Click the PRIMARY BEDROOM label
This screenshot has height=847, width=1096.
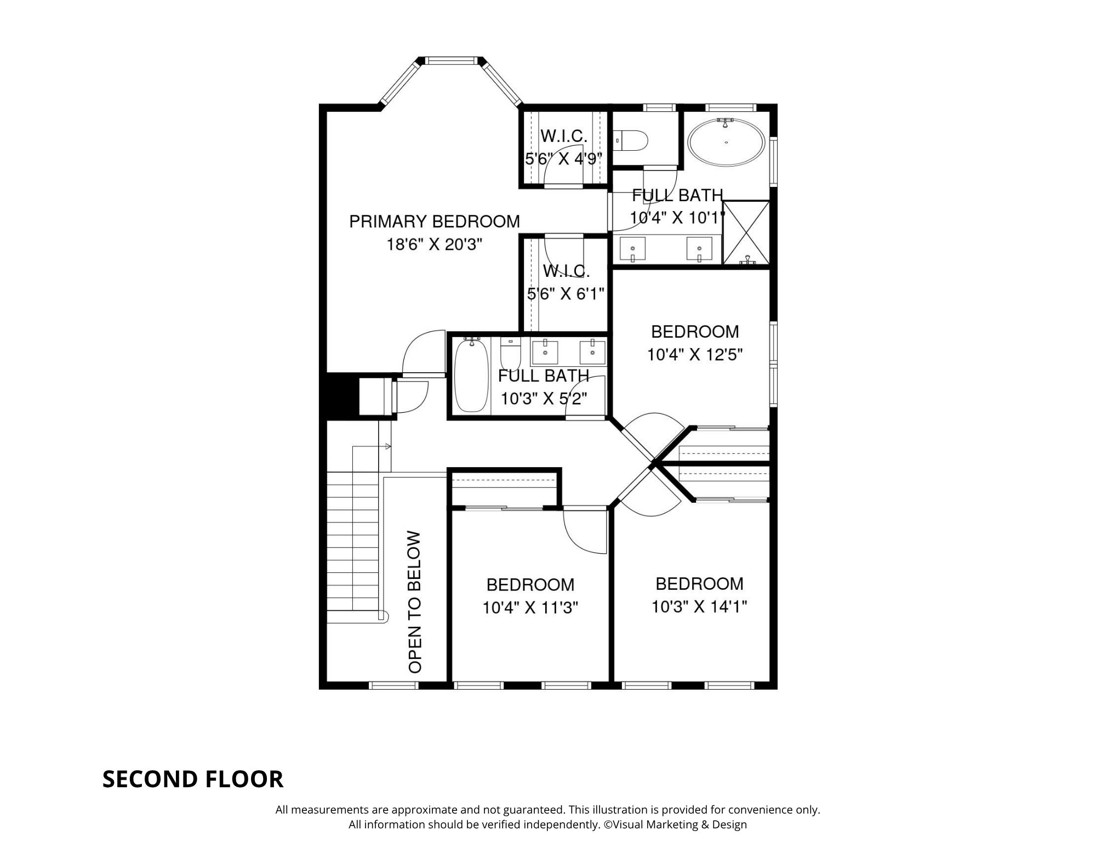tap(434, 221)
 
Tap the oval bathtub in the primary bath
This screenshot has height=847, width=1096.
tap(726, 142)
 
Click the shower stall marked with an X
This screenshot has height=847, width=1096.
tap(746, 232)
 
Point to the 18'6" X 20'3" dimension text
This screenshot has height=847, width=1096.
tap(434, 245)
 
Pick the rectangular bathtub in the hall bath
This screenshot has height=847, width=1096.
tap(471, 376)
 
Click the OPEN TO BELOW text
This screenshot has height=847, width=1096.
tap(415, 601)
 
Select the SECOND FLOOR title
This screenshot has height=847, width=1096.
tap(193, 779)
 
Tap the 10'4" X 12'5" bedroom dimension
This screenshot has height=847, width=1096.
tap(695, 355)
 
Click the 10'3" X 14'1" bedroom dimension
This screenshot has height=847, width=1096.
tap(699, 607)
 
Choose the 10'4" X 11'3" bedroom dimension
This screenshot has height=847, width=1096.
tap(530, 608)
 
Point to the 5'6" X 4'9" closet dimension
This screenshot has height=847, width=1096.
tap(563, 159)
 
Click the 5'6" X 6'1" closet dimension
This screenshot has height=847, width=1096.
tap(565, 294)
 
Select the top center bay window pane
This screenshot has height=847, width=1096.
tap(452, 60)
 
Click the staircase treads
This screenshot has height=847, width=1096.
tap(353, 543)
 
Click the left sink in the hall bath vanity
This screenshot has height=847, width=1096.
tap(545, 352)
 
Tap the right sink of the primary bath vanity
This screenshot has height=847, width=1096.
tap(699, 248)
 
